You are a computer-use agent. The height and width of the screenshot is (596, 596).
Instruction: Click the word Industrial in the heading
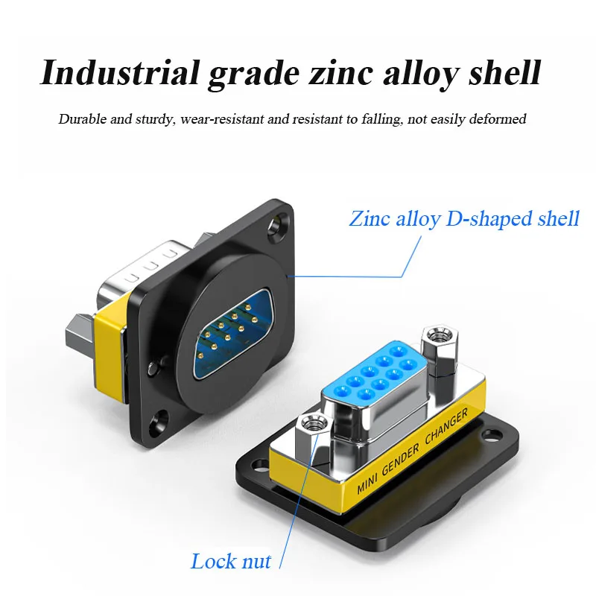click(119, 74)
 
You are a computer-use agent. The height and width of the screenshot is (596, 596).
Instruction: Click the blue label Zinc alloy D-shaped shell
click(464, 219)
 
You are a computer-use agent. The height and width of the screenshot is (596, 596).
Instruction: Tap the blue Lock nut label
click(231, 561)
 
